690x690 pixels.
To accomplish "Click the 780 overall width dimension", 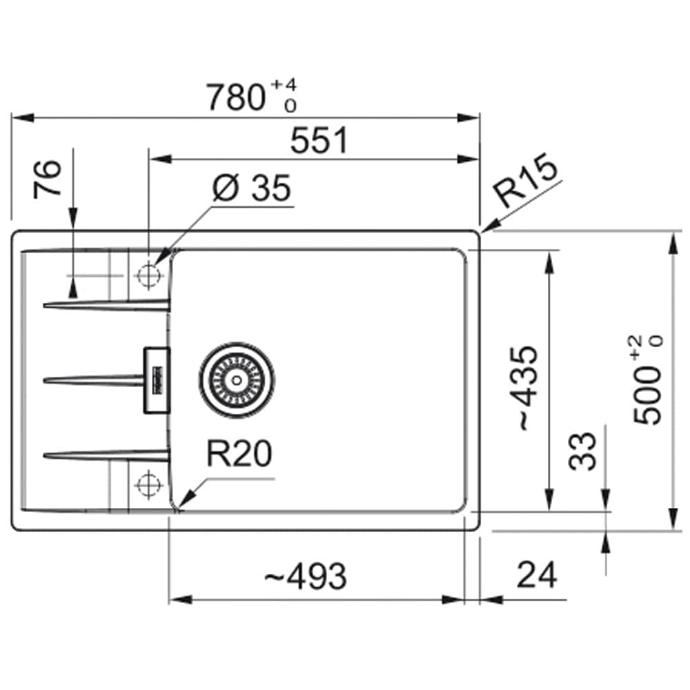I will pyautogui.click(x=236, y=97).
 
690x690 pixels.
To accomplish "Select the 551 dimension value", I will pyautogui.click(x=319, y=141).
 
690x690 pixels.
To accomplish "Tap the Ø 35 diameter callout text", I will pyautogui.click(x=251, y=188).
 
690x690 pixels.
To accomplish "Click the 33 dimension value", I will pyautogui.click(x=584, y=451).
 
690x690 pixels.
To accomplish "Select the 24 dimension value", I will pyautogui.click(x=536, y=574).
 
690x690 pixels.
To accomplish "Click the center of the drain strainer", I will pyautogui.click(x=237, y=379).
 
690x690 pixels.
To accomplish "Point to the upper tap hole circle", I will pyautogui.click(x=148, y=275).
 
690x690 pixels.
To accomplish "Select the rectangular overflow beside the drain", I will pyautogui.click(x=156, y=380).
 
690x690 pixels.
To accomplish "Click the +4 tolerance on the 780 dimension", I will pyautogui.click(x=285, y=85).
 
